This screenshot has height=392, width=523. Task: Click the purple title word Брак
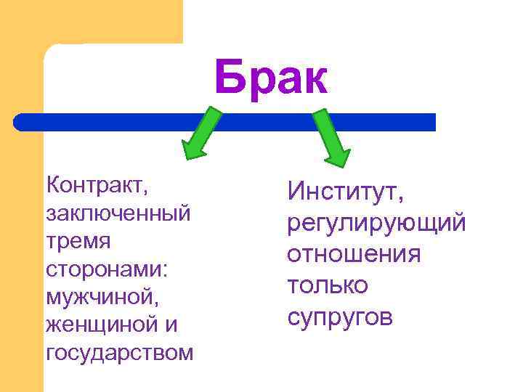coord(271,78)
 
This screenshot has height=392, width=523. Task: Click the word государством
coord(119,353)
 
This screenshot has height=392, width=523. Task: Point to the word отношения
coord(354,254)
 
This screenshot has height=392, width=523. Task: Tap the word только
coord(328,285)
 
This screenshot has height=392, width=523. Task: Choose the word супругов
coord(340,317)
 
